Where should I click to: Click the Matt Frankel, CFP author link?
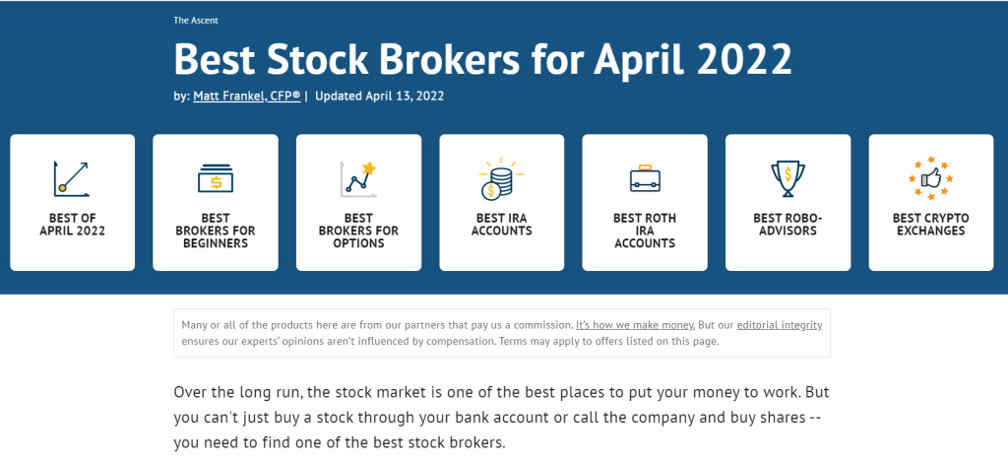point(247,97)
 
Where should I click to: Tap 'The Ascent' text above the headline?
point(196,21)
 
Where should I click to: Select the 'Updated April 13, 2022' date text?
point(379,97)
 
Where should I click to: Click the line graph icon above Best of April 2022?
point(72,178)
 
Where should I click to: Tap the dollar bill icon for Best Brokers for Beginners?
point(216,178)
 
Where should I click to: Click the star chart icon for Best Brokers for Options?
point(358,178)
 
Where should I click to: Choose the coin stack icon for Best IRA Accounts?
point(501,178)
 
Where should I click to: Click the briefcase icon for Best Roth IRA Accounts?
point(645,178)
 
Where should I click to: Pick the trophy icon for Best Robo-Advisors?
point(787,178)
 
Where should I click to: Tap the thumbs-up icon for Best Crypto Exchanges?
point(931,178)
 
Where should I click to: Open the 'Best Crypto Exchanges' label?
point(931,225)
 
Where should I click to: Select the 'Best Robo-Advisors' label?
point(787,225)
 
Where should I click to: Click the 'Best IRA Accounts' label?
point(501,225)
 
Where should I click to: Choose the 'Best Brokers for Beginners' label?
point(216,232)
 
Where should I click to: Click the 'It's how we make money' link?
point(635,325)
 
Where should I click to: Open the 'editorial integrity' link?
point(780,325)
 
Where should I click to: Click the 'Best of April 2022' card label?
point(72,225)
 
